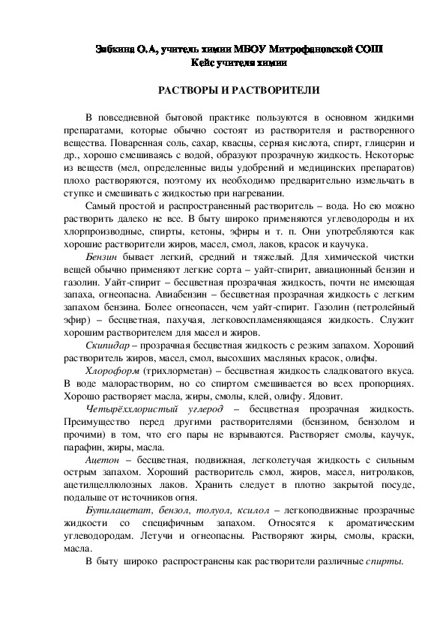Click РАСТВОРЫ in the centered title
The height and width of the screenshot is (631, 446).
tap(187, 90)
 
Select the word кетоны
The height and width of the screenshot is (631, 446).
tap(205, 232)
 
